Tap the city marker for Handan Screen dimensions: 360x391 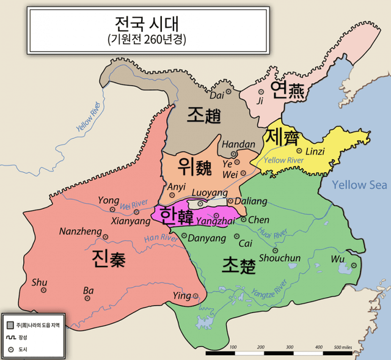pos(233,154)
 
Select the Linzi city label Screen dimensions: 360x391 pos(315,151)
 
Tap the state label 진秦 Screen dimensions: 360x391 pos(109,259)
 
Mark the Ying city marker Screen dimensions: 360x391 pos(195,296)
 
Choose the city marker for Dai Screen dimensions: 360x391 pos(229,92)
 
